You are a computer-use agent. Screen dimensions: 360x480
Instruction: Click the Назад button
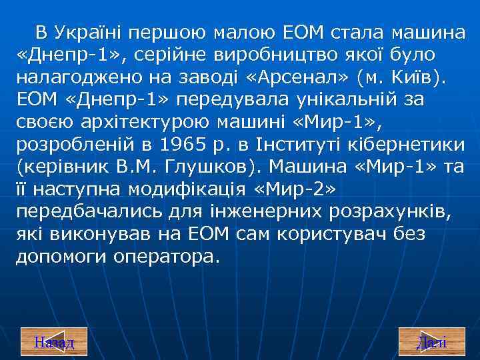[x=54, y=343]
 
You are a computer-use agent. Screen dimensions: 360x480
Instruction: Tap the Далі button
[x=431, y=343]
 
